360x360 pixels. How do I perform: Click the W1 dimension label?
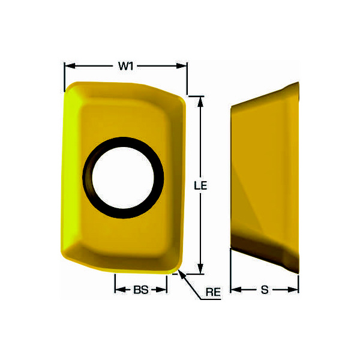point(126,66)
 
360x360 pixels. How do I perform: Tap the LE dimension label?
point(200,185)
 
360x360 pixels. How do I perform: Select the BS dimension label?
point(141,290)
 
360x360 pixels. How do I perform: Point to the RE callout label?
point(213,292)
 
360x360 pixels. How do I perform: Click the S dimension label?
point(265,290)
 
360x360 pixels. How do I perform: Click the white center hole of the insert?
point(123,178)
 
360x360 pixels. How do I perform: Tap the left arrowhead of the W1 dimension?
point(70,66)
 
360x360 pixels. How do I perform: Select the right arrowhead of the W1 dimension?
point(182,66)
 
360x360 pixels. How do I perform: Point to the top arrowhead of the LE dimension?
point(200,102)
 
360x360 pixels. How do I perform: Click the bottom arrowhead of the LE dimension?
point(200,268)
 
